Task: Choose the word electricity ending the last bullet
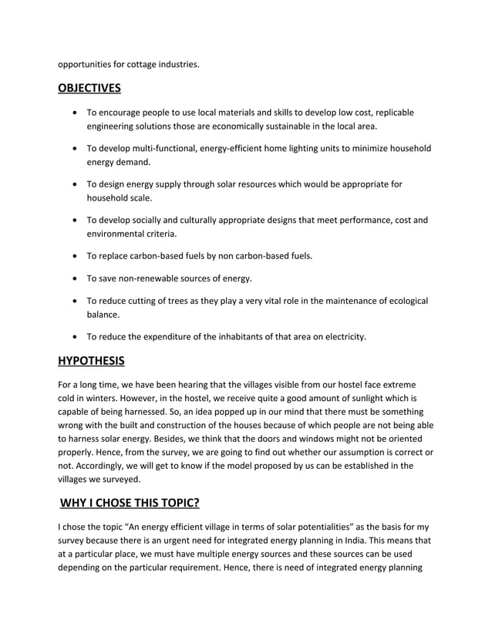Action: (x=344, y=336)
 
